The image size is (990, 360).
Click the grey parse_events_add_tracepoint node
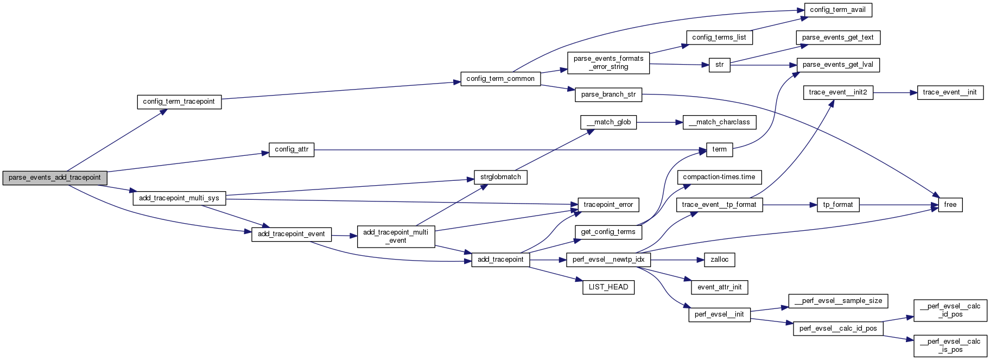coord(55,178)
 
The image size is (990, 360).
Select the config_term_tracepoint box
coord(179,102)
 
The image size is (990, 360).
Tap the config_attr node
coord(291,149)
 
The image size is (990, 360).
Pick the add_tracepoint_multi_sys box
coord(179,198)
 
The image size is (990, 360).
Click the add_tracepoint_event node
coord(291,234)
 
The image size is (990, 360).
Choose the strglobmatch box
coord(500,177)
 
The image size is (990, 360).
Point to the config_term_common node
coord(500,79)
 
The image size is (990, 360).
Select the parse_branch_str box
coord(608,94)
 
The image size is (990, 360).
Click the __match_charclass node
coord(719,122)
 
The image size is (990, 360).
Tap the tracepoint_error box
coord(608,205)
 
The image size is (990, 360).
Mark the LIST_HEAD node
coord(608,287)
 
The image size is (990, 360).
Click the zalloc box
coord(719,260)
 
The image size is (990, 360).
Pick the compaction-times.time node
coord(719,177)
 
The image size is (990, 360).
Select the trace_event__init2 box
coord(837,92)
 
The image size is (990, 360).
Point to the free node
coord(950,205)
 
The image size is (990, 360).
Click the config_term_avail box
coord(837,10)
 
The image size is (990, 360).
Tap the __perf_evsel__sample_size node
coord(838,301)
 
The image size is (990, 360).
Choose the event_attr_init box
coord(719,287)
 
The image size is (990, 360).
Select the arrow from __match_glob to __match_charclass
coord(659,122)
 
